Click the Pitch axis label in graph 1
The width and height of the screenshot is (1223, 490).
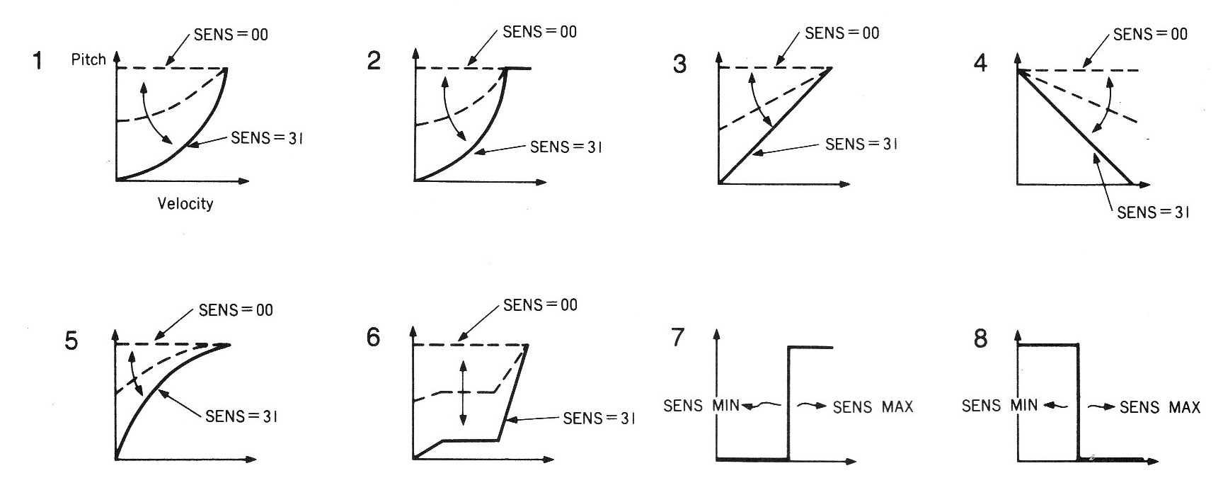click(88, 59)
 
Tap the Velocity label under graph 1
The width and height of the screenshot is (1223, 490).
click(185, 204)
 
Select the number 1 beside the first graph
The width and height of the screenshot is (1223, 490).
click(38, 62)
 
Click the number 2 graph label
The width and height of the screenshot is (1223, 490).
click(374, 61)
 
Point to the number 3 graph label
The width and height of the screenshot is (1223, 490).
click(679, 64)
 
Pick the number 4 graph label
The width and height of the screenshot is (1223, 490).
click(980, 63)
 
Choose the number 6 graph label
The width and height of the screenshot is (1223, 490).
click(374, 337)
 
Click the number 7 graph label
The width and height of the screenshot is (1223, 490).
click(678, 337)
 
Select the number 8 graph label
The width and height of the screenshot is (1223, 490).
click(980, 338)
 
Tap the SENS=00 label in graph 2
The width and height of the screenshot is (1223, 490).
click(539, 32)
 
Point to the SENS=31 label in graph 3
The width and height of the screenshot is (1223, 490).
click(862, 144)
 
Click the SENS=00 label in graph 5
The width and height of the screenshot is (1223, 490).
click(236, 310)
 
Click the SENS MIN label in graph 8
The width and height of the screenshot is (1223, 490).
click(1000, 406)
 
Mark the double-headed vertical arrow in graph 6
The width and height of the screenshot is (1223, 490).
click(463, 393)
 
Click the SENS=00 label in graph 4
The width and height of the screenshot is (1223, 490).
click(1151, 34)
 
